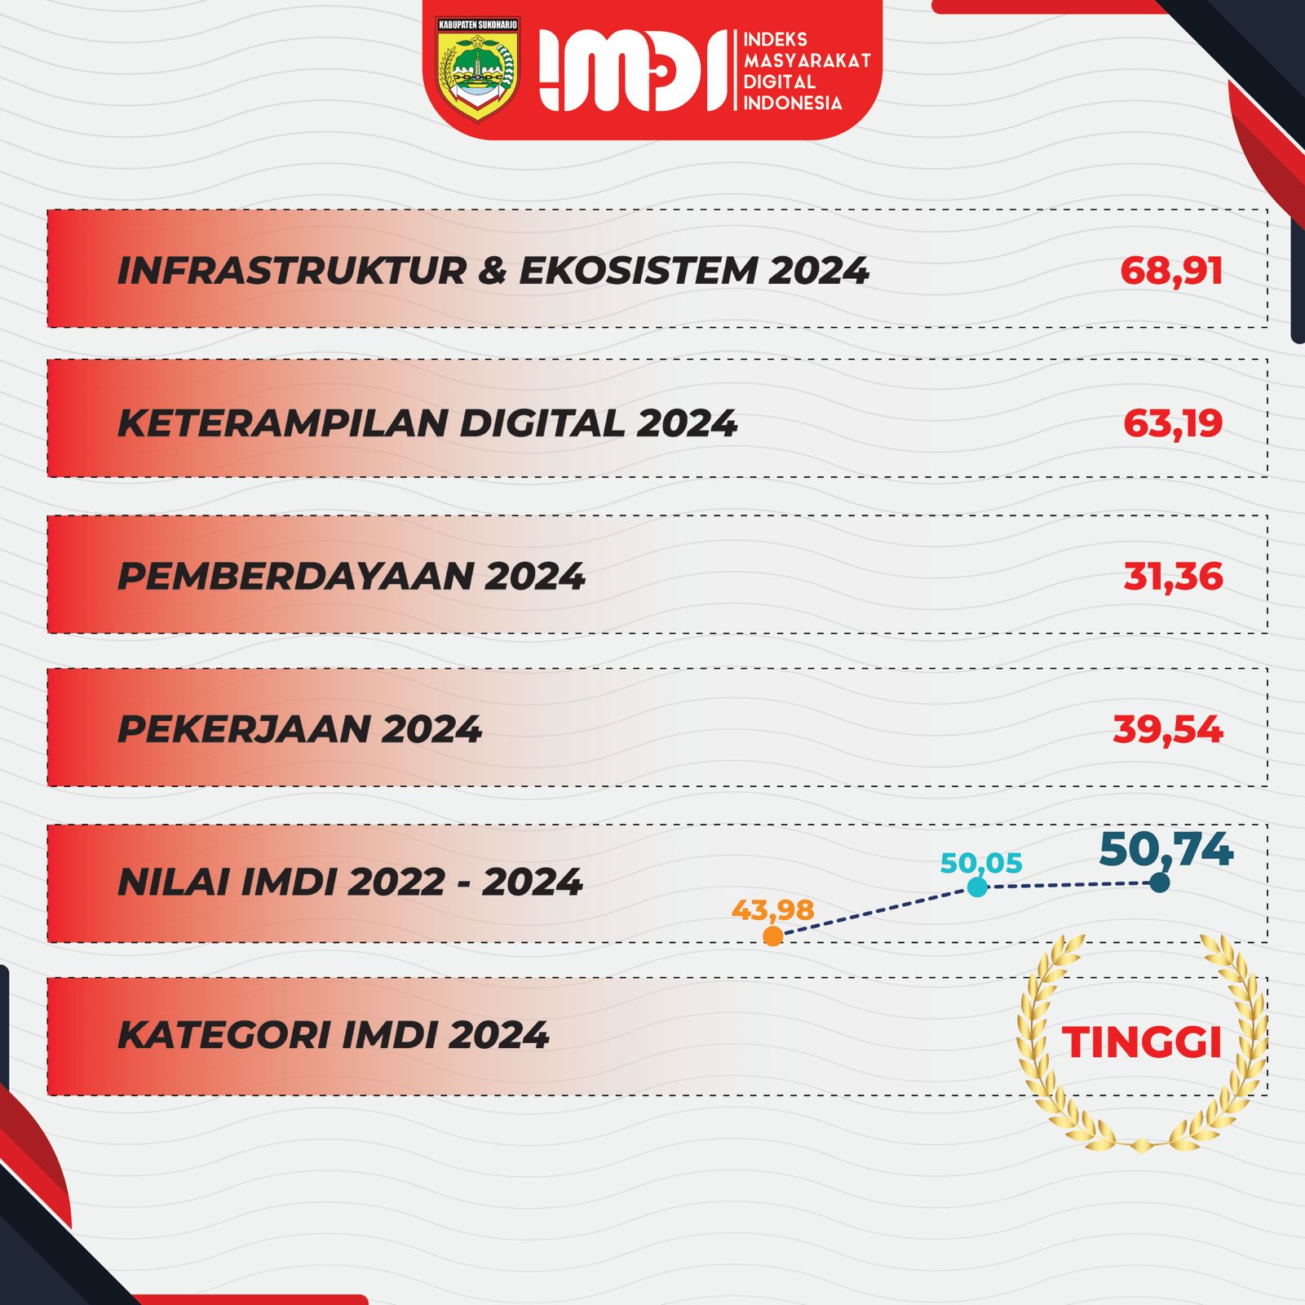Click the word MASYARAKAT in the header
pos(807,60)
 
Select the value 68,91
pos(1171,271)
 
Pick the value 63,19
pos(1173,423)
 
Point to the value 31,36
pos(1173,577)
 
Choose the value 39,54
pos(1168,729)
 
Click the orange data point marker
pos(772,936)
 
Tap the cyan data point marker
pos(977,887)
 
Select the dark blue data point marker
pos(1159,882)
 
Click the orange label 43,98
pos(772,909)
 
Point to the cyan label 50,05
pos(981,863)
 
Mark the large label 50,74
pos(1166,849)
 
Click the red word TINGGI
pos(1141,1042)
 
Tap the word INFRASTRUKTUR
pos(291,271)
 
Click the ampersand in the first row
pos(492,271)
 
